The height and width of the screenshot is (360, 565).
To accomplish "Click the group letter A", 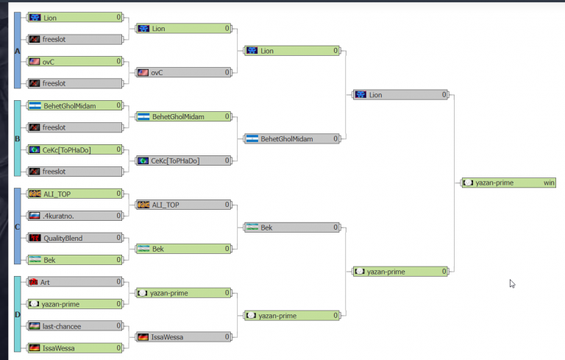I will (x=17, y=51).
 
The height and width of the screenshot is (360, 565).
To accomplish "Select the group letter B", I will (x=17, y=138).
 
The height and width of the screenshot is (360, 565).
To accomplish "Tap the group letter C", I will (x=17, y=226).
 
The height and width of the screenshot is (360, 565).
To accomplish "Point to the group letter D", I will (x=17, y=314).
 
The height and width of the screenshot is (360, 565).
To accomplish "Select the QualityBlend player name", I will (x=63, y=238).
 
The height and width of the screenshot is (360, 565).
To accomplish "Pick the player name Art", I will (x=45, y=282).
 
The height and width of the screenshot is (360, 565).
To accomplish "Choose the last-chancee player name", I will (x=61, y=325).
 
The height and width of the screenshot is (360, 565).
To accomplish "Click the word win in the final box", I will (x=549, y=183).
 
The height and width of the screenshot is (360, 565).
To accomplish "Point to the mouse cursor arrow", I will (x=512, y=283).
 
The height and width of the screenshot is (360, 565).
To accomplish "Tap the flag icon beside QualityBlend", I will (x=34, y=238).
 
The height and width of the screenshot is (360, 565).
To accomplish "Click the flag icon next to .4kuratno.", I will (x=34, y=216).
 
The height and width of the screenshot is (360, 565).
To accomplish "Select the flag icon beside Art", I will (x=34, y=282).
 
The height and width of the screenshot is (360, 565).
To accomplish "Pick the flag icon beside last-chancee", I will (x=34, y=325).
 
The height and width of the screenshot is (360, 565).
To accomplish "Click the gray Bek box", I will (x=292, y=227).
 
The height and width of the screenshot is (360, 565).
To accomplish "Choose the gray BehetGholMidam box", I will (x=292, y=138).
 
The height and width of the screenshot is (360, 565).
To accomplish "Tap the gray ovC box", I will (x=182, y=73).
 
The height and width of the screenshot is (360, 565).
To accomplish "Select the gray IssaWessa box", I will (x=182, y=337).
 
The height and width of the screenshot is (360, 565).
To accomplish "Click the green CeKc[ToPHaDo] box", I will (x=74, y=149).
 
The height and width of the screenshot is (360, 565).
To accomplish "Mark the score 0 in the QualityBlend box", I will (x=118, y=238).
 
